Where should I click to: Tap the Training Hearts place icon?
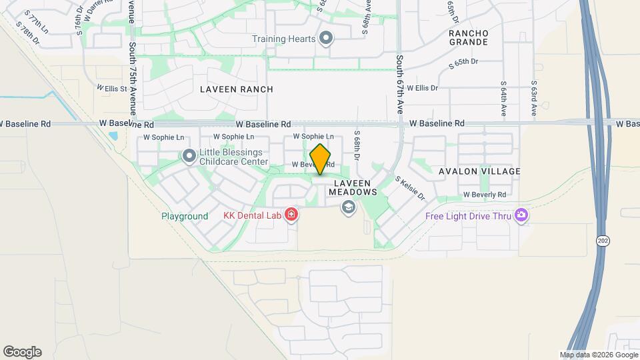[x=326, y=38]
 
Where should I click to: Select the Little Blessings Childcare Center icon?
[x=189, y=156]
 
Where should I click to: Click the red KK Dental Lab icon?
[x=291, y=215]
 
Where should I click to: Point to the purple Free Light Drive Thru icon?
[x=521, y=215]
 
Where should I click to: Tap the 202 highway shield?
[x=602, y=241]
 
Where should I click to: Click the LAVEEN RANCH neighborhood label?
[x=237, y=89]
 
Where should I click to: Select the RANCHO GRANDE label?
[x=468, y=37]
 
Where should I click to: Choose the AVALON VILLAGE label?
[x=479, y=171]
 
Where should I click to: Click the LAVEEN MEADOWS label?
[x=347, y=187]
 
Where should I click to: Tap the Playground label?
[x=185, y=217]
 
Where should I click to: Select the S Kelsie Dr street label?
[x=409, y=187]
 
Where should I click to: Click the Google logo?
[x=22, y=352]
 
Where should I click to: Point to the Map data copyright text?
[x=599, y=355]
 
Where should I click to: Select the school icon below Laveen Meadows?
[x=347, y=208]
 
